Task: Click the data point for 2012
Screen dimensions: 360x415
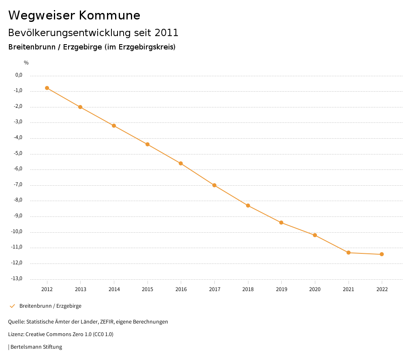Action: coord(47,88)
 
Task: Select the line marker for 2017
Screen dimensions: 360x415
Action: coord(214,185)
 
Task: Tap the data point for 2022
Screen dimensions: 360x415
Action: coord(382,254)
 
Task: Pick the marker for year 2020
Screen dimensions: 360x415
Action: coord(315,235)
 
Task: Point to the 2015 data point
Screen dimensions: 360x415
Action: coord(148,144)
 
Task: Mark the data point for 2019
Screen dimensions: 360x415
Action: coord(281,223)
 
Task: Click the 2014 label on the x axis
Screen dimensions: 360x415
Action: coord(114,289)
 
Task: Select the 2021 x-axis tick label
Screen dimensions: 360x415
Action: coord(349,289)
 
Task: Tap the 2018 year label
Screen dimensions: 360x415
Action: coord(248,289)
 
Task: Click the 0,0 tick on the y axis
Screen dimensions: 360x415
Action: coord(19,75)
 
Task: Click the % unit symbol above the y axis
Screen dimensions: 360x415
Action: coord(26,62)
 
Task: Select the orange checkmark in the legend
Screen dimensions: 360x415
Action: coord(12,306)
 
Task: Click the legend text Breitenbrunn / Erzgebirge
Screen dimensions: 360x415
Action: coord(50,306)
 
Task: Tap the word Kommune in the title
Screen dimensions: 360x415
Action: coord(109,15)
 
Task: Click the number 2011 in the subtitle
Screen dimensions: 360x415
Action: coord(167,32)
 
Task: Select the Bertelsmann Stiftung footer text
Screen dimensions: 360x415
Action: coord(36,347)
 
